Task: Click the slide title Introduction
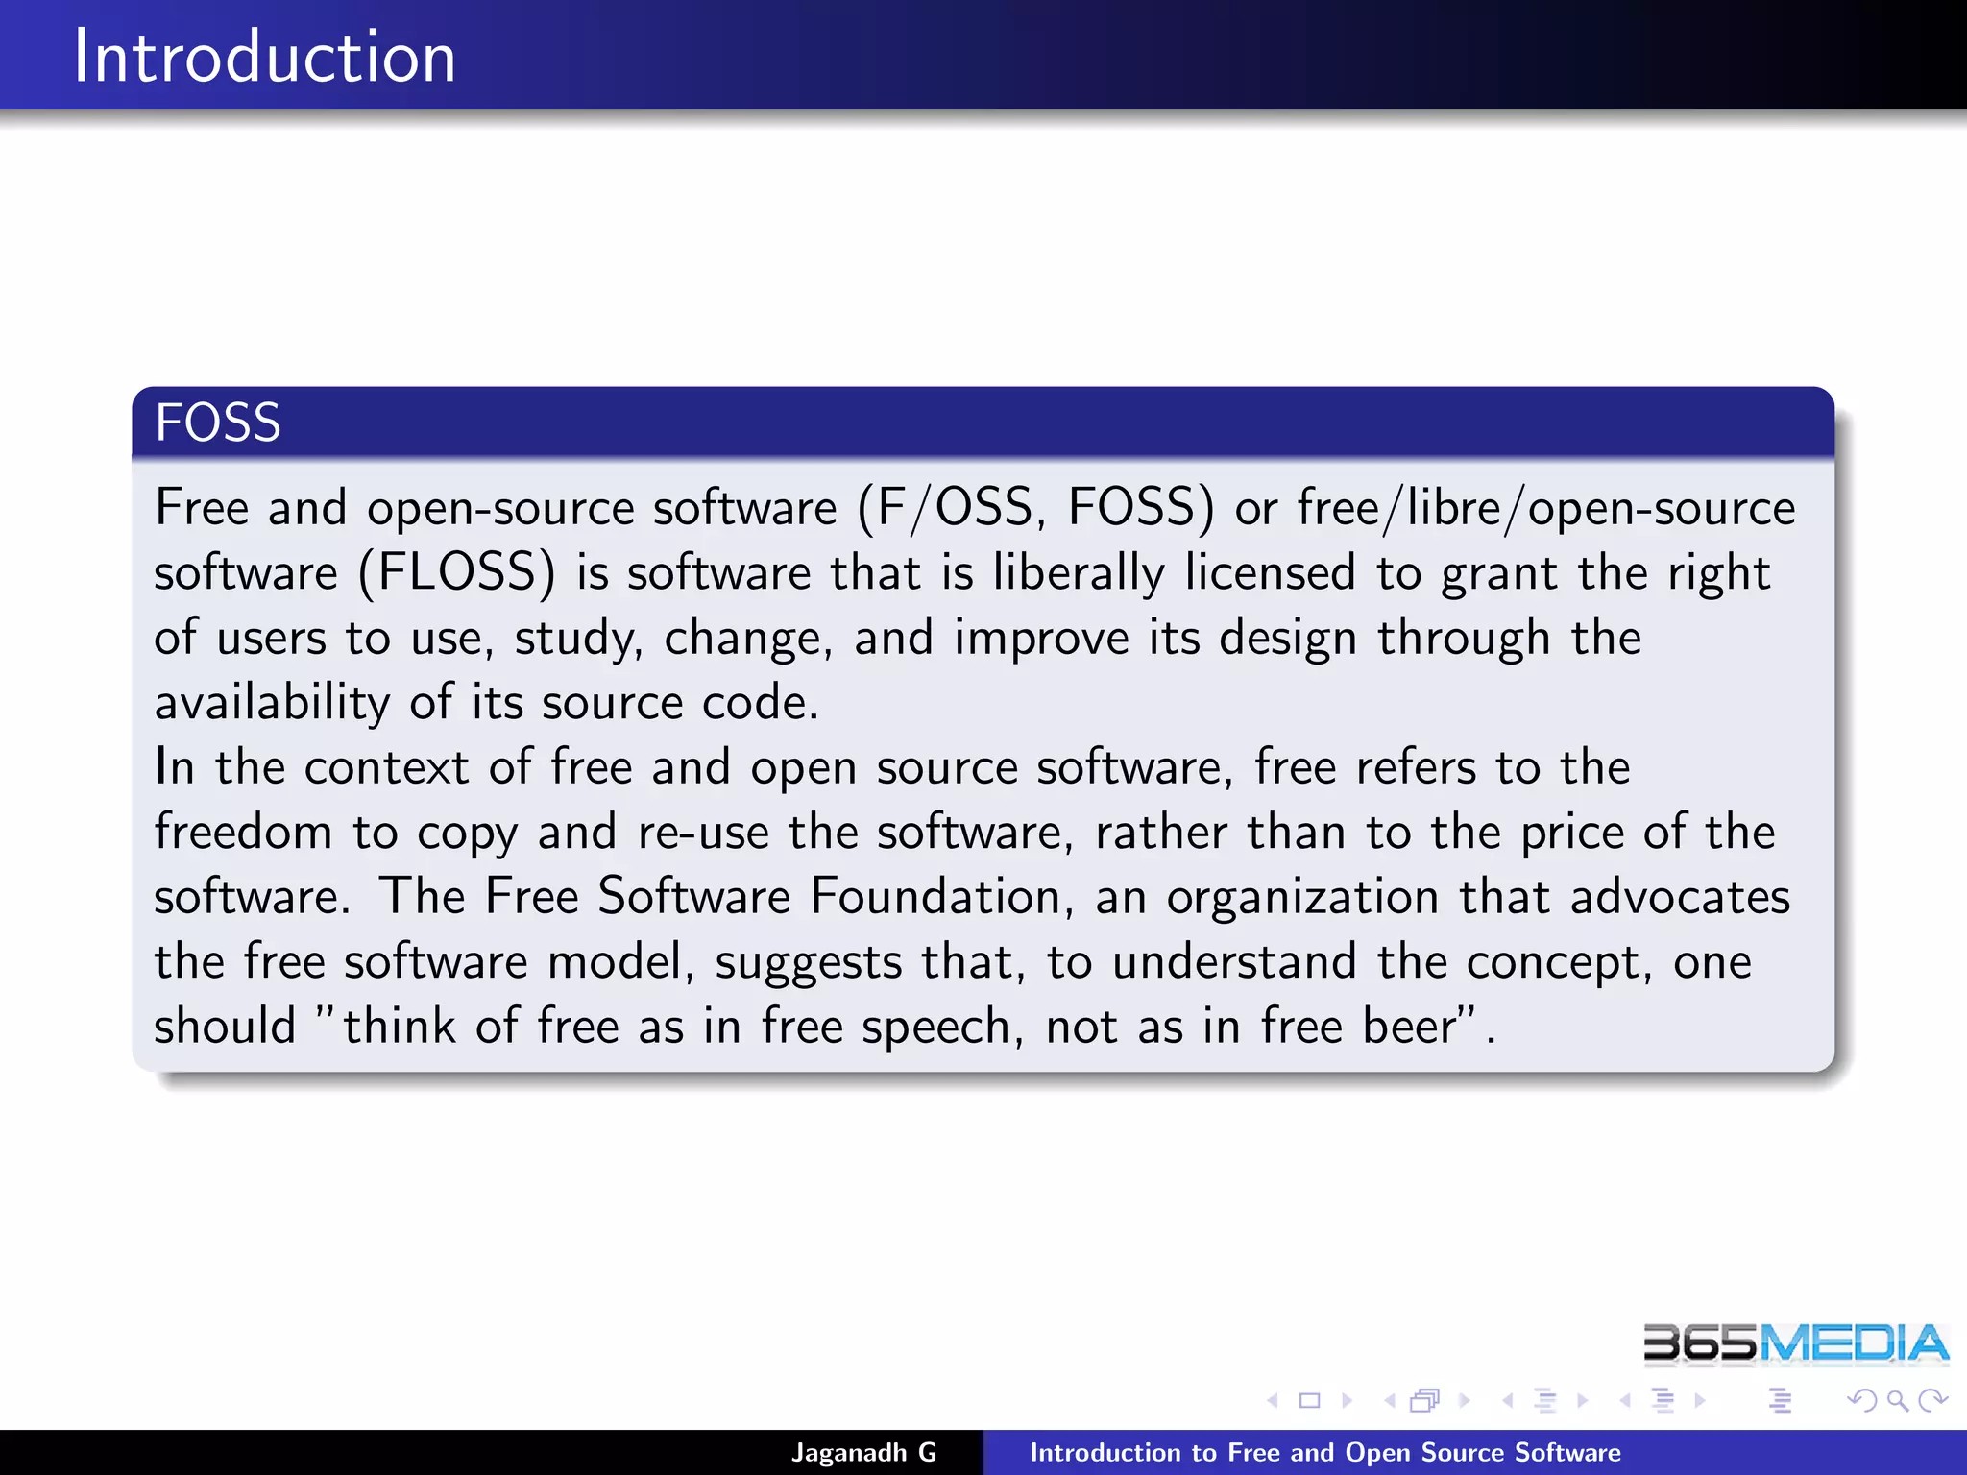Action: pos(264,57)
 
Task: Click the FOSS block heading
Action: pos(218,423)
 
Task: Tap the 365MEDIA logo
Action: pos(1794,1343)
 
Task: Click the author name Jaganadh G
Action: pos(863,1452)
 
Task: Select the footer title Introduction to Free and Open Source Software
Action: pos(1324,1452)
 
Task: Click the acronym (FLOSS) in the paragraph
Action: pos(457,573)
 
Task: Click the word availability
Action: pos(272,703)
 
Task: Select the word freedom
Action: pos(243,832)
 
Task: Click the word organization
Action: pos(1302,897)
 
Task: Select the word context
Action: pos(386,767)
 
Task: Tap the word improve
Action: pos(1041,639)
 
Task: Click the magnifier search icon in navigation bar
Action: pos(1897,1401)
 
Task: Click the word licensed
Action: pos(1270,573)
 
